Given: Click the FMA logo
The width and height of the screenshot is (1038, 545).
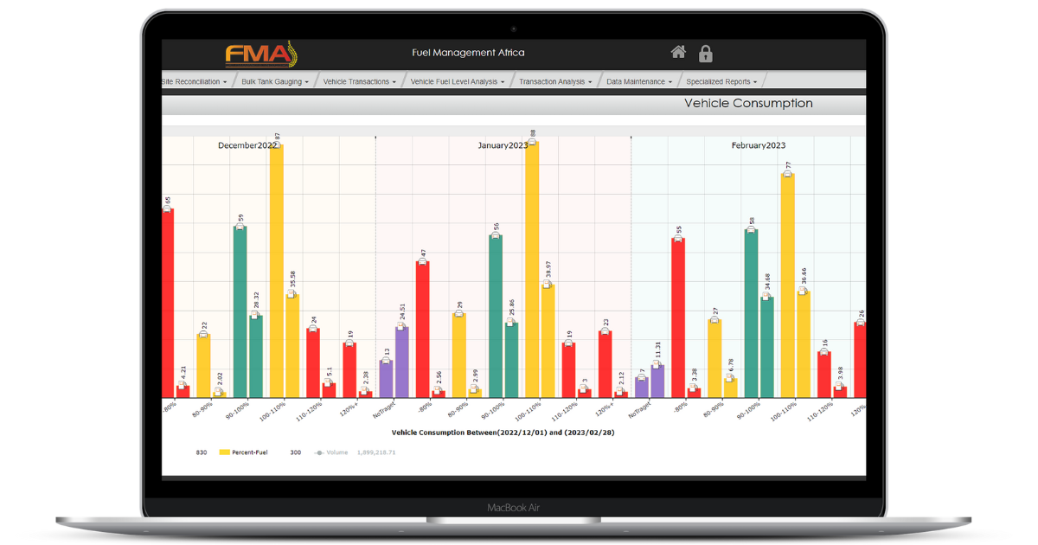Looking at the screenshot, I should [x=260, y=54].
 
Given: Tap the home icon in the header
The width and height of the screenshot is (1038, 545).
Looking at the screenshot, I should [x=678, y=53].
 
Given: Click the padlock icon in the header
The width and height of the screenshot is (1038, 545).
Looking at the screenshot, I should [x=705, y=54].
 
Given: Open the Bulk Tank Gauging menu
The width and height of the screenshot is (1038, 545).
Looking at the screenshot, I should [x=274, y=82].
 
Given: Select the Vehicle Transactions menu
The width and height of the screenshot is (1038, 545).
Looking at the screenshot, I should [x=359, y=82].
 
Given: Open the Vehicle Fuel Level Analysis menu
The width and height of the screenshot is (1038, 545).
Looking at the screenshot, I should [x=457, y=82].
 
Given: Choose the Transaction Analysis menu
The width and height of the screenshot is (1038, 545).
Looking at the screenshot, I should [x=554, y=82].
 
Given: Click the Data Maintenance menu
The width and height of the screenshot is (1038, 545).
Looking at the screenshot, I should [x=638, y=82].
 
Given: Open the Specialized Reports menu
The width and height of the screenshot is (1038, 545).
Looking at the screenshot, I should [x=721, y=82].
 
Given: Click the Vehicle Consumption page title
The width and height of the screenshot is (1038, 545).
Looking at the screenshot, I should [x=748, y=104].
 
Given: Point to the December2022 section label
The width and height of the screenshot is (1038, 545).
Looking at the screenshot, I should [x=247, y=146].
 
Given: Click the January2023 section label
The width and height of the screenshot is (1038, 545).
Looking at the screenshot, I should [x=503, y=146].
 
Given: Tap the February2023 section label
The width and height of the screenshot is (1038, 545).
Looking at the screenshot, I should [x=758, y=146].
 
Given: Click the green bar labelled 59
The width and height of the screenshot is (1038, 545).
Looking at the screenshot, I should [x=240, y=311].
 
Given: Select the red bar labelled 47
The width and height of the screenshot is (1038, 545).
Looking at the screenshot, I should [x=422, y=329].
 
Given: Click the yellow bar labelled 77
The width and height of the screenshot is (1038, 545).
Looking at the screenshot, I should [x=787, y=285].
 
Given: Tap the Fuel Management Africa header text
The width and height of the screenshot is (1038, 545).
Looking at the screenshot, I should [x=468, y=53].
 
